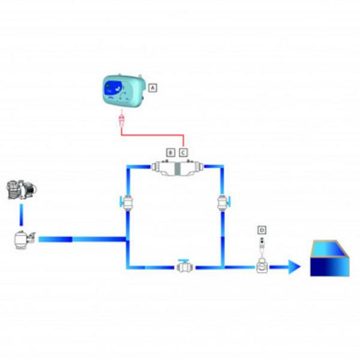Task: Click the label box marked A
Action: pyautogui.click(x=152, y=88)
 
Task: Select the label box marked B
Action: pyautogui.click(x=170, y=152)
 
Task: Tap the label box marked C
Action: pyautogui.click(x=184, y=152)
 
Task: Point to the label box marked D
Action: pyautogui.click(x=261, y=230)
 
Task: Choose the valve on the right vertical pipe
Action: pyautogui.click(x=223, y=203)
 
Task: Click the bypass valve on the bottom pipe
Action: pyautogui.click(x=184, y=266)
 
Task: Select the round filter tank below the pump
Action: pyautogui.click(x=23, y=240)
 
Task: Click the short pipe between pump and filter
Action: pyautogui.click(x=22, y=214)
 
